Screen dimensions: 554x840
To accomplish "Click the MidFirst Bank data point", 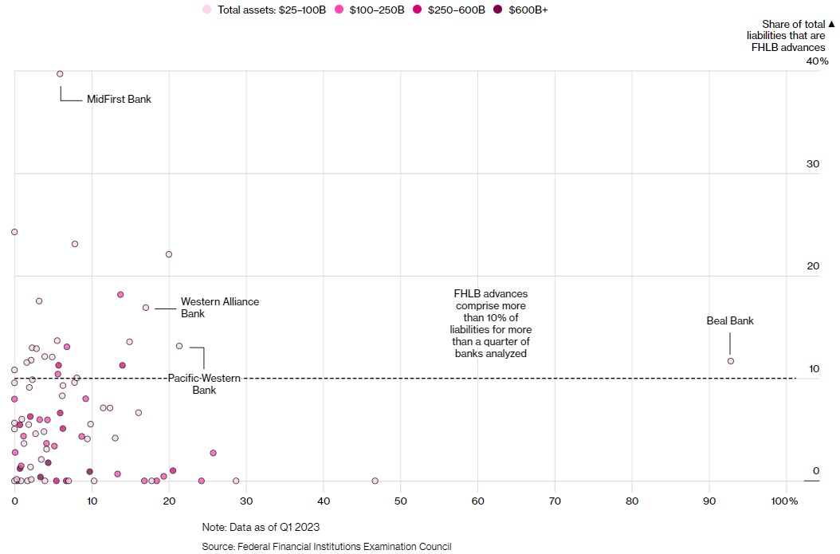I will tap(60, 74).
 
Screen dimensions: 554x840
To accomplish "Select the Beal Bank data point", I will tap(730, 361).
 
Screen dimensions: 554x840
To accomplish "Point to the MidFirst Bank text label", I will tap(119, 100).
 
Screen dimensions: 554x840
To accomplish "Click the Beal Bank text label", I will tap(730, 321).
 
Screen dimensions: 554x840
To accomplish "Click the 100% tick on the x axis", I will tap(785, 501).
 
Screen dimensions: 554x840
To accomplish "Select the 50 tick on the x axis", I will tap(400, 501).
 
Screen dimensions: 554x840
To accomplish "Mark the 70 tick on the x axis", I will tap(555, 501).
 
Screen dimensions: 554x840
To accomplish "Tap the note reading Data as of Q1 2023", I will tap(261, 527).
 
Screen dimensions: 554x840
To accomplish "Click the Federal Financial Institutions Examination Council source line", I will tap(327, 546).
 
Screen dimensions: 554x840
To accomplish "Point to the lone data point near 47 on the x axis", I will tap(375, 481).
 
